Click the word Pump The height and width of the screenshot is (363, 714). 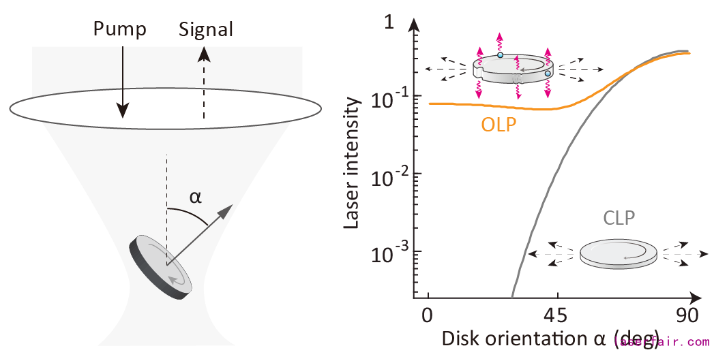(120, 29)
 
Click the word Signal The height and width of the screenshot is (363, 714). (205, 30)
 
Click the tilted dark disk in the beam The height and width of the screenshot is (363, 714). (164, 266)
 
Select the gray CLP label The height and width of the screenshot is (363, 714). (619, 219)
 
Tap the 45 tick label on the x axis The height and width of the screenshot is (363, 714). (558, 317)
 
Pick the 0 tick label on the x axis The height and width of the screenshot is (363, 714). (428, 317)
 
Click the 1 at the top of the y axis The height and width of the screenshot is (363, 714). (389, 21)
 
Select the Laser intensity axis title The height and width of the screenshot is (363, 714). (352, 163)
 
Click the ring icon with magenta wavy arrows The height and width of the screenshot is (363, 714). (514, 69)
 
